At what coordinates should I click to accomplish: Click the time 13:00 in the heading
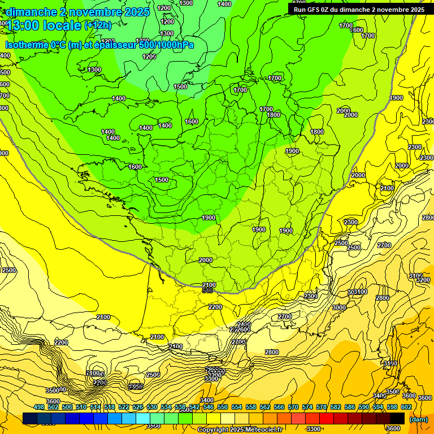coord(25,25)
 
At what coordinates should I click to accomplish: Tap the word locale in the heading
coord(64,25)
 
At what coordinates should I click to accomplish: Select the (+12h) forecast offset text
coord(98,25)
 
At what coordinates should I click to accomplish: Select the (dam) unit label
coord(418,419)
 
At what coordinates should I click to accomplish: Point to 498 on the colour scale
coord(39,407)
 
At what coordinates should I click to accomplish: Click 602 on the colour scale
coord(406,407)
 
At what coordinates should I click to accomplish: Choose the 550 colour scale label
coord(222,407)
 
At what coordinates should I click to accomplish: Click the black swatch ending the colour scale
coord(397,418)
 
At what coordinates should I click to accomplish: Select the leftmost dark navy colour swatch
coord(30,418)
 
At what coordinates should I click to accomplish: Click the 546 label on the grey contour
coord(207,290)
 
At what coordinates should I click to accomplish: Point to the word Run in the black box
coord(300,10)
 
